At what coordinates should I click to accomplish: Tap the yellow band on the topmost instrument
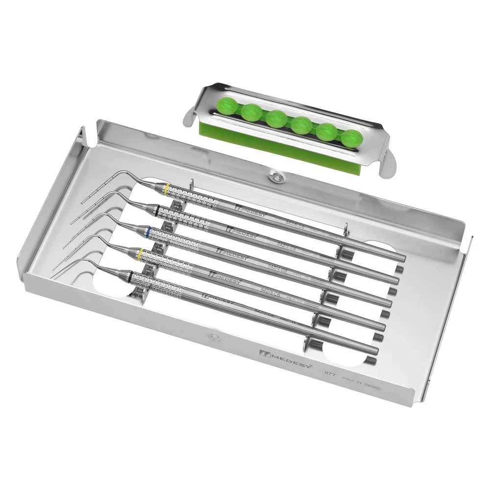pos(167,189)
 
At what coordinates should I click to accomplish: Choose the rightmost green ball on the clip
pos(350,138)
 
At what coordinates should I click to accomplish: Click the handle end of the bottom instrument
pos(376,350)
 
